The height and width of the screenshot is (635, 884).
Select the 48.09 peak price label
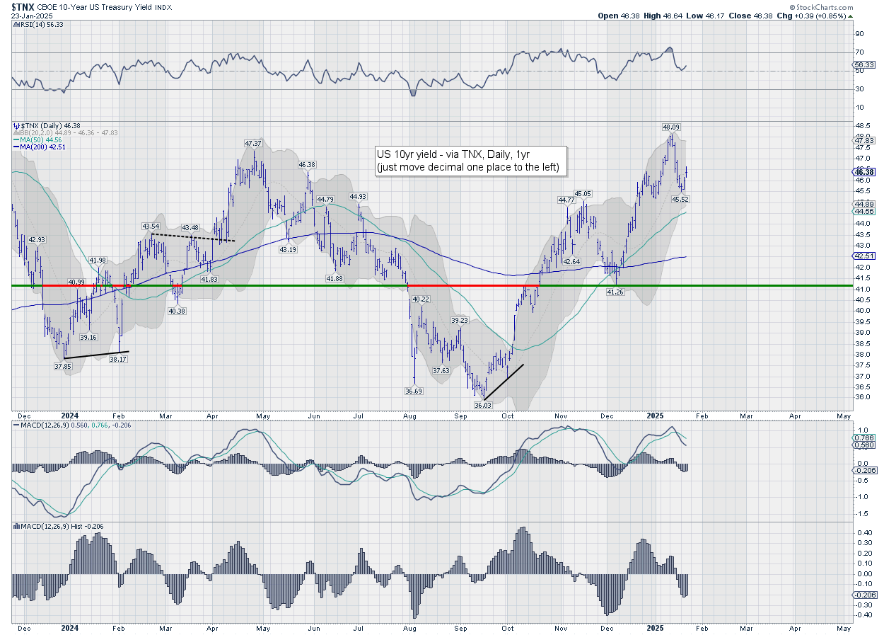point(671,127)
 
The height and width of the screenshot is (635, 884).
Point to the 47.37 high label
point(254,143)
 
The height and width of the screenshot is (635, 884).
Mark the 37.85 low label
point(64,366)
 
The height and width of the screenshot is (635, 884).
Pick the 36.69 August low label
point(414,391)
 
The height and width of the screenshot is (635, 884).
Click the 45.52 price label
point(680,199)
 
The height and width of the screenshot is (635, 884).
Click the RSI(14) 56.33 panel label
point(37,24)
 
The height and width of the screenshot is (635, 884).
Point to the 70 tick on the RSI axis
point(860,52)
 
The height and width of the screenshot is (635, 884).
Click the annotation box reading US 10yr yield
point(470,161)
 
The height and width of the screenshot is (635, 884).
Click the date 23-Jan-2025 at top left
point(32,16)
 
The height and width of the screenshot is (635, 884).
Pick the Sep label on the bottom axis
point(461,627)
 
